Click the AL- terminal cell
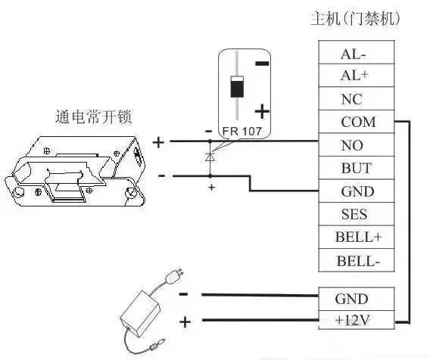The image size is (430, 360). click(357, 52)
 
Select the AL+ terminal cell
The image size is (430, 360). click(357, 76)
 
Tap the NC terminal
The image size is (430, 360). click(357, 98)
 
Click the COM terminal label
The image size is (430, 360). click(358, 122)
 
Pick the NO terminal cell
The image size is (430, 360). click(357, 145)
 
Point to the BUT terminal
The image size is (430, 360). click(357, 168)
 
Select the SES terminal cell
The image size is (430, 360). click(357, 214)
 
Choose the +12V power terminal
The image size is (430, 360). click(357, 320)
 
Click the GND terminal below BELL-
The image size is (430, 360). click(357, 299)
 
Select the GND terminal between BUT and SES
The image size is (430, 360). click(357, 191)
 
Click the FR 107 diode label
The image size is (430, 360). click(242, 132)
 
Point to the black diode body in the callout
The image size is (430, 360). click(237, 87)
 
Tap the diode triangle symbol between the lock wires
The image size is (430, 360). click(210, 157)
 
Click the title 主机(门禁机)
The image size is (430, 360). click(355, 19)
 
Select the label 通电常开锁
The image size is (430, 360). click(94, 116)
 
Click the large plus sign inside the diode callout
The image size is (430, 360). click(262, 111)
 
